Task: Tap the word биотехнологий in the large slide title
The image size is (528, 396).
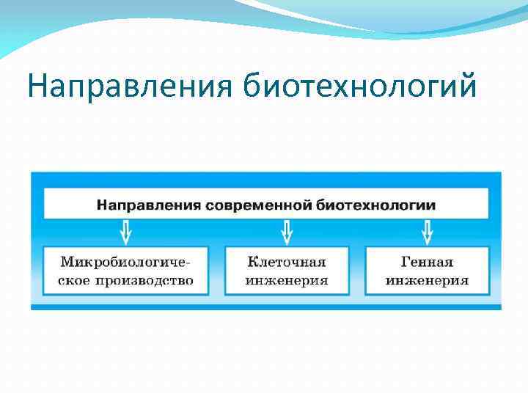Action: (x=359, y=87)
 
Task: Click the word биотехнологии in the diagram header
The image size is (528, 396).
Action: (x=377, y=205)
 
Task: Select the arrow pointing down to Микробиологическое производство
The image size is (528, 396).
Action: (x=126, y=232)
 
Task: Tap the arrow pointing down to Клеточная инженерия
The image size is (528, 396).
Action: (x=287, y=232)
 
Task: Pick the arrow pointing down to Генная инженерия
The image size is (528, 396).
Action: (x=427, y=232)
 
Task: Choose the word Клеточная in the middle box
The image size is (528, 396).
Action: (x=287, y=262)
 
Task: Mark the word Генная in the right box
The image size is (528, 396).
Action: (x=427, y=262)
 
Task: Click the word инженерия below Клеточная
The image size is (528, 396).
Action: (x=287, y=280)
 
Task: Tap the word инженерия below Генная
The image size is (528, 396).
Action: (x=427, y=280)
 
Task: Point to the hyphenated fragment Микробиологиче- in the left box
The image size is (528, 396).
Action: (x=126, y=262)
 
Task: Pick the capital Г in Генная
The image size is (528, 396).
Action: (x=405, y=262)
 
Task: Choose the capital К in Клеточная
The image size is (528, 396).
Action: (x=253, y=262)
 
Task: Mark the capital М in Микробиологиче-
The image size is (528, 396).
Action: (x=67, y=262)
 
